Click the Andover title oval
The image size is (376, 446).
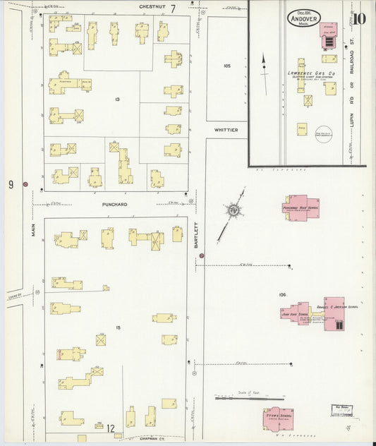coord(304,18)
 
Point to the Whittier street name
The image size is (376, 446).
coord(226,130)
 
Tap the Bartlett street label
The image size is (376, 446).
coord(198,236)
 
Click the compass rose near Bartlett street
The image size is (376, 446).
coord(233,210)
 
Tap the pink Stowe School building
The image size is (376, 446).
coord(279,418)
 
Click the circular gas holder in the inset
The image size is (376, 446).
coord(324,135)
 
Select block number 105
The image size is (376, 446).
coord(226,66)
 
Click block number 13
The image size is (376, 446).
coord(118,100)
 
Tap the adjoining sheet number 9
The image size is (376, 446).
coord(11,185)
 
